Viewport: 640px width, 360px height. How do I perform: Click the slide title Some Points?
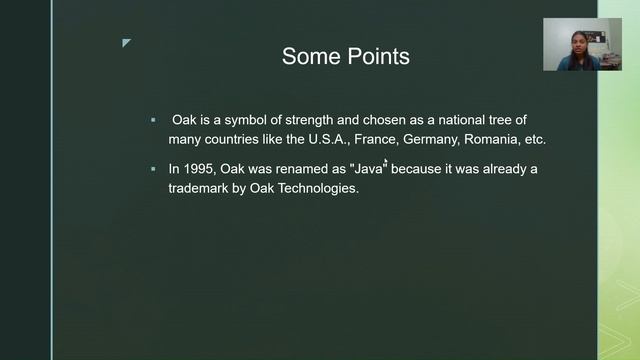click(345, 57)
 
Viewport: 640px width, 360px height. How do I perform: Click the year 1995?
click(202, 169)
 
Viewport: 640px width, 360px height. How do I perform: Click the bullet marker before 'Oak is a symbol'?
click(153, 120)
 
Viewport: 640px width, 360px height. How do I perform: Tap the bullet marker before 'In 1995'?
click(153, 169)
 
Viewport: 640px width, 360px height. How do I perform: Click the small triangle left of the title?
click(126, 43)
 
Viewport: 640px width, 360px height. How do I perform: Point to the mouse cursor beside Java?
click(386, 162)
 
